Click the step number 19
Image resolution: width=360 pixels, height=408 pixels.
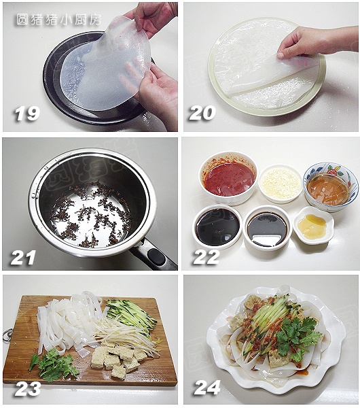click(x=26, y=114)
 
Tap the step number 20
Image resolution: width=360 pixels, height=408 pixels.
click(x=202, y=113)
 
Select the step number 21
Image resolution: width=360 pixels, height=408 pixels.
click(x=23, y=258)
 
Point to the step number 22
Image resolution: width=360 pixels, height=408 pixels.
click(x=206, y=257)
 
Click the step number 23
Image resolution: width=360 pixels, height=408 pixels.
click(x=28, y=389)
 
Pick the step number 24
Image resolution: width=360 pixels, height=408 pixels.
click(x=207, y=388)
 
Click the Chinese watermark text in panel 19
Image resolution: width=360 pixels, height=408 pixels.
click(x=58, y=20)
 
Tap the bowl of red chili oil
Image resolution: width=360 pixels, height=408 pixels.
click(x=228, y=177)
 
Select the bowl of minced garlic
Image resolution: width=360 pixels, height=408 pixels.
click(x=281, y=184)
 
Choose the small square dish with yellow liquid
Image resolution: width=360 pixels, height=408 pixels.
click(x=313, y=225)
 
